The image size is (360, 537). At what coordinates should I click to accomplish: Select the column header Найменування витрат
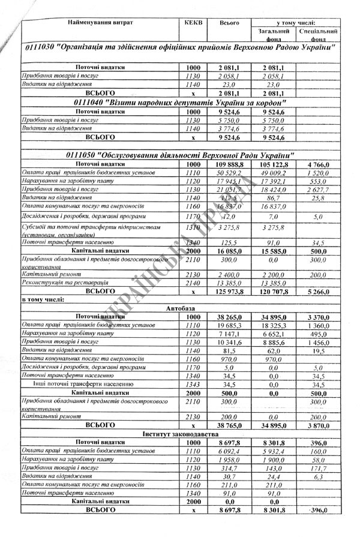(101, 22)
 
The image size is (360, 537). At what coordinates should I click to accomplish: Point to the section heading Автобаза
(180, 307)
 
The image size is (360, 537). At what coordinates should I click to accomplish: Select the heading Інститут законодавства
(180, 433)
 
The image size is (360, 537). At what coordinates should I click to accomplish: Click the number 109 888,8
(229, 164)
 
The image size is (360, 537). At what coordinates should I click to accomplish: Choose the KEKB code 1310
(193, 228)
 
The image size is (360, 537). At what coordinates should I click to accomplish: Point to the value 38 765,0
(229, 424)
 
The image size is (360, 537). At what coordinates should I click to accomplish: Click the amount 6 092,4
(229, 451)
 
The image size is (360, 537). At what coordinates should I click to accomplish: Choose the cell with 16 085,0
(229, 251)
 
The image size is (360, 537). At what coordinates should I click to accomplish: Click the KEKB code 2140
(193, 282)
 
